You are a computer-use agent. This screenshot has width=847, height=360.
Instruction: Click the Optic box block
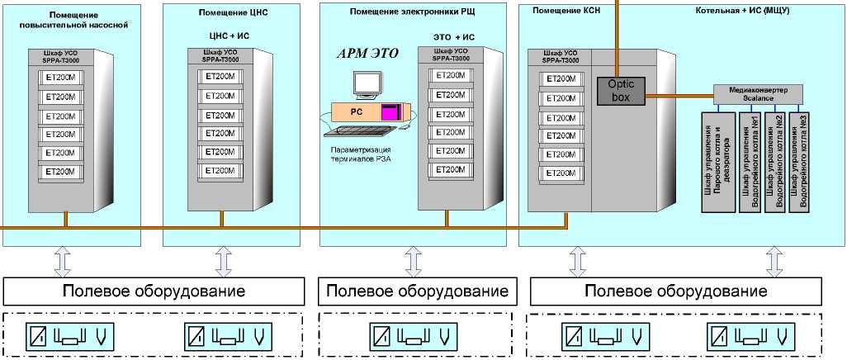coord(619,90)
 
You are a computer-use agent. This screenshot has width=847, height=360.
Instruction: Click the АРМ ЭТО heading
coord(367,54)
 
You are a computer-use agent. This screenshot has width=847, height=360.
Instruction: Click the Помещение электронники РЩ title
coord(413,11)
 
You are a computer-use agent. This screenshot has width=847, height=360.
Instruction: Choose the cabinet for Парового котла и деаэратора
coord(717,161)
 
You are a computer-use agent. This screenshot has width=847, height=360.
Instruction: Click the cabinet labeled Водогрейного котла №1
coord(750,161)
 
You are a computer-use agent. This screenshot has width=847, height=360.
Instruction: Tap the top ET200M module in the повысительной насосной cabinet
coord(59,77)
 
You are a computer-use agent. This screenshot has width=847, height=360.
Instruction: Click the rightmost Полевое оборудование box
coord(675,291)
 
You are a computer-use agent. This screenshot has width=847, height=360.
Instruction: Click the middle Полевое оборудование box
coord(417,291)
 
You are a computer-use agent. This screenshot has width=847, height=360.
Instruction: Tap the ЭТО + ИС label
coord(454,37)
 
